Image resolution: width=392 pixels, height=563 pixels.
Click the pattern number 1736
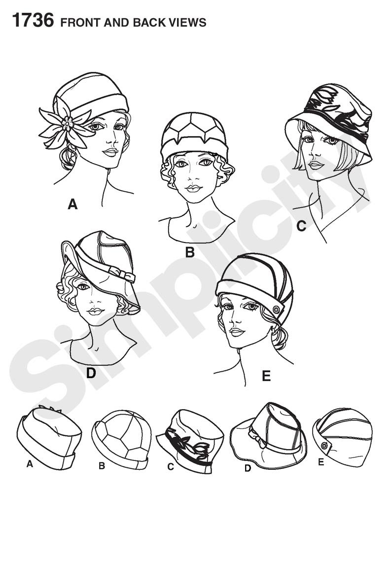click(33, 20)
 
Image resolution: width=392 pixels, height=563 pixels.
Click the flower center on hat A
click(67, 124)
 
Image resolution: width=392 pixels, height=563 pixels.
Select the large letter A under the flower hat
click(72, 204)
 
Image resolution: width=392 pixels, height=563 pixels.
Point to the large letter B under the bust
click(190, 252)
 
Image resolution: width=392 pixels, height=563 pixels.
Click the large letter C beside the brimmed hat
click(302, 226)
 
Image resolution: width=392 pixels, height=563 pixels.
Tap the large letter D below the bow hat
click(91, 373)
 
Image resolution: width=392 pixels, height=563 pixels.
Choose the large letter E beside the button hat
click(266, 376)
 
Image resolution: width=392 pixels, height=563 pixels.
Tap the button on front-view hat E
click(277, 309)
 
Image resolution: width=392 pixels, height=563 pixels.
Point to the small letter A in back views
click(30, 464)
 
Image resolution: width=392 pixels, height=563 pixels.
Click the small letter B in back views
click(102, 466)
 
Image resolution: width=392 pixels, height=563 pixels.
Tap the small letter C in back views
click(171, 466)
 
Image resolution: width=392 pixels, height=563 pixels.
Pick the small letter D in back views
click(248, 468)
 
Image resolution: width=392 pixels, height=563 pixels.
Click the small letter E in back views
click(321, 462)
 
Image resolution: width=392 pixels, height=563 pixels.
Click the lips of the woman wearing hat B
click(193, 188)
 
